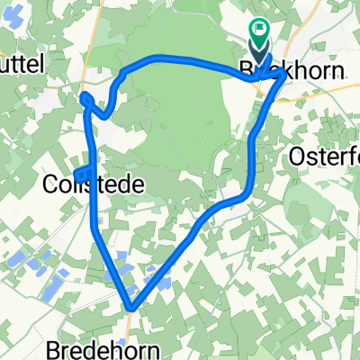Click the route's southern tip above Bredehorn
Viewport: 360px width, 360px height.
click(132, 309)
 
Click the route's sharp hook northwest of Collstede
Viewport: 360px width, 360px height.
click(86, 98)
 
